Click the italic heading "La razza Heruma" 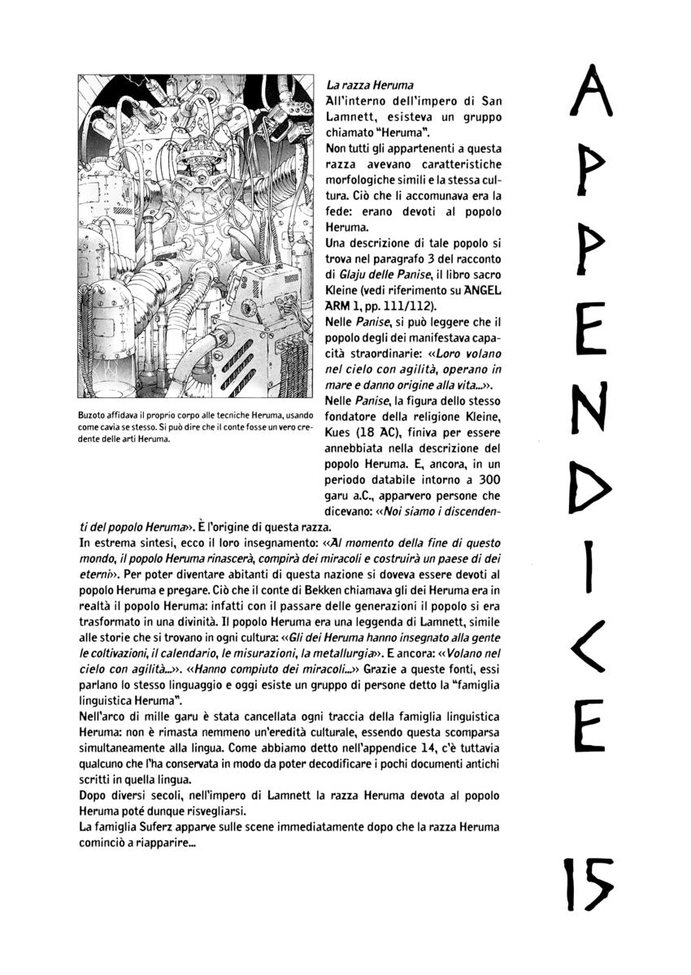[x=369, y=85]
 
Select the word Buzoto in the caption [x=92, y=417]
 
